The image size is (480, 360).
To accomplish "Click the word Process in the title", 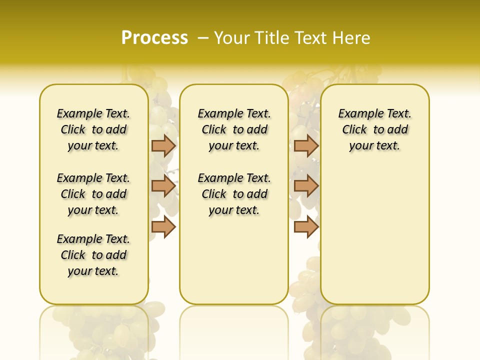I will pyautogui.click(x=154, y=38).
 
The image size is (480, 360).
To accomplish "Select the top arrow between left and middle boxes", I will pyautogui.click(x=163, y=145).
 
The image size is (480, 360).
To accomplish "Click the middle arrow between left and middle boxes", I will pyautogui.click(x=163, y=186).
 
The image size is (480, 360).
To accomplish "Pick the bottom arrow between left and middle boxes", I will pyautogui.click(x=163, y=227).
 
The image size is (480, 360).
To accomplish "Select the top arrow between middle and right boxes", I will pyautogui.click(x=306, y=145).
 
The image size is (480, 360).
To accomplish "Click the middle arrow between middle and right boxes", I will pyautogui.click(x=306, y=186).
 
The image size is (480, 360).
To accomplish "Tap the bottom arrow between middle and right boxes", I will pyautogui.click(x=306, y=227).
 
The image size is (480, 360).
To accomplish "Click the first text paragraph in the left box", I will pyautogui.click(x=93, y=129).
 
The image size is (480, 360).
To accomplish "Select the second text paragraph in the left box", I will pyautogui.click(x=93, y=194).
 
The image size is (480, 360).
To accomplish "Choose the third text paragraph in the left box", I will pyautogui.click(x=93, y=255).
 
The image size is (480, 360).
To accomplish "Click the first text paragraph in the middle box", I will pyautogui.click(x=234, y=129).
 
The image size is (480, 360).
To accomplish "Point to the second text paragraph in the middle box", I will pyautogui.click(x=234, y=194).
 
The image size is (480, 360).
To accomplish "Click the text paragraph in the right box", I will pyautogui.click(x=374, y=129).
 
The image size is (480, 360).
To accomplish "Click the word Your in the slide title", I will pyautogui.click(x=232, y=38).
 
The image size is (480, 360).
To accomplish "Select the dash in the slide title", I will pyautogui.click(x=203, y=38).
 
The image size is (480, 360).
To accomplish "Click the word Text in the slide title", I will pyautogui.click(x=310, y=38).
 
